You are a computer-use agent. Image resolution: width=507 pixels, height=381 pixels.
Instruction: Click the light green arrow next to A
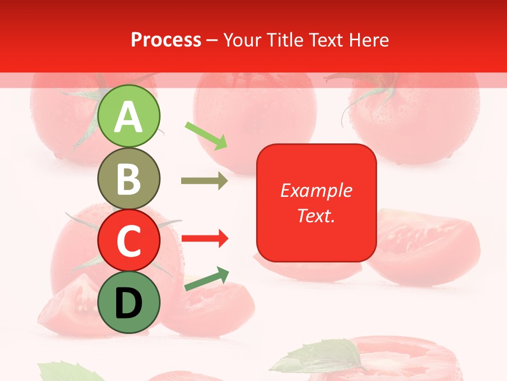tap(206, 135)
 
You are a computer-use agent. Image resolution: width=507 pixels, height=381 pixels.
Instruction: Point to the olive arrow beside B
tap(204, 181)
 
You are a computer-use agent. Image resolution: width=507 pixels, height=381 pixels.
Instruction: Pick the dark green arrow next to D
tap(206, 279)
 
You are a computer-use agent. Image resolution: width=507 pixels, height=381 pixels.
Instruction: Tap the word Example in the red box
tap(316, 190)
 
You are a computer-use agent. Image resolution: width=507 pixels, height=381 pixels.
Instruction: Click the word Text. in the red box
tap(316, 216)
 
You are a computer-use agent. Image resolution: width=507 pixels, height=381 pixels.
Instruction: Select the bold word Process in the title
tap(166, 40)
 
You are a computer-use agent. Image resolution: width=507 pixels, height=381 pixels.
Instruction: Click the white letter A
tap(129, 117)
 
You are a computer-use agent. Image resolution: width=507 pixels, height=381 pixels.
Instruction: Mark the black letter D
tap(129, 303)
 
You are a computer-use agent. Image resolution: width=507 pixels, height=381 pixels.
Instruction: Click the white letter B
tap(129, 179)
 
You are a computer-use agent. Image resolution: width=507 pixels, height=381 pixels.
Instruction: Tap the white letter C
tap(129, 241)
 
